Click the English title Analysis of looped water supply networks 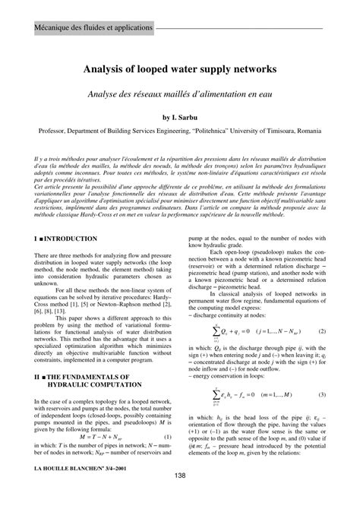[180, 68]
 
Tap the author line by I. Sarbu [180, 118]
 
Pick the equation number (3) [322, 395]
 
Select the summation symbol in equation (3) [216, 395]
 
